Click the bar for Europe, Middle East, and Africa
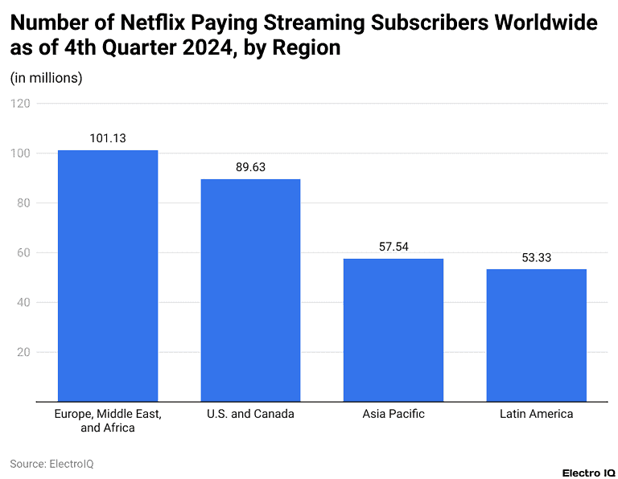pyautogui.click(x=108, y=276)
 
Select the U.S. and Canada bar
pyautogui.click(x=250, y=290)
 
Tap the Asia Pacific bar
pyautogui.click(x=393, y=330)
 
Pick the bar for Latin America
pyautogui.click(x=536, y=335)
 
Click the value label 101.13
pyautogui.click(x=108, y=138)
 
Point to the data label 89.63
pyautogui.click(x=250, y=167)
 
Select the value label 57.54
pyautogui.click(x=393, y=247)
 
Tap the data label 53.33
pyautogui.click(x=536, y=257)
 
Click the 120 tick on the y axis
pyautogui.click(x=21, y=104)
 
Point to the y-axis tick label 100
pyautogui.click(x=21, y=154)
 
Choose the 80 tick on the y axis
pyautogui.click(x=23, y=203)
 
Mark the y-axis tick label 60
pyautogui.click(x=23, y=253)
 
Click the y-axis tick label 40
pyautogui.click(x=23, y=303)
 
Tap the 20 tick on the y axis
pyautogui.click(x=23, y=353)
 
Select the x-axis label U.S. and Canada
pyautogui.click(x=250, y=414)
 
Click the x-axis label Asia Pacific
pyautogui.click(x=393, y=414)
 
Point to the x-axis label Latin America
pyautogui.click(x=536, y=414)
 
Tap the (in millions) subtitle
pyautogui.click(x=46, y=78)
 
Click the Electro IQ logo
pyautogui.click(x=589, y=471)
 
